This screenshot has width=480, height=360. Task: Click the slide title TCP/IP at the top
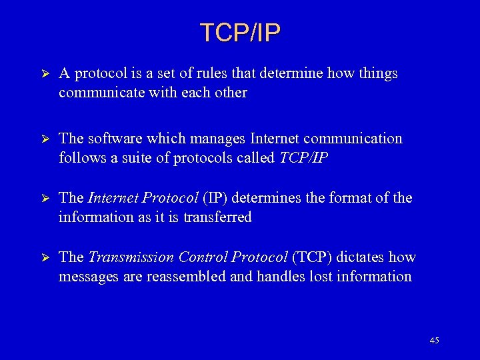coord(240,31)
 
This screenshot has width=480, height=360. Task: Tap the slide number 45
coord(434,341)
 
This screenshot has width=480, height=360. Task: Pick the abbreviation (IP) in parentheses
coord(217,198)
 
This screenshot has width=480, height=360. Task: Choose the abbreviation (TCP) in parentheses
coord(313,257)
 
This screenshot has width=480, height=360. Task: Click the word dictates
coord(363,257)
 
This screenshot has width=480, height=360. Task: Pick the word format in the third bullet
coord(351,198)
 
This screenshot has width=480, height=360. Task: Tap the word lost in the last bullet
coord(323,277)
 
